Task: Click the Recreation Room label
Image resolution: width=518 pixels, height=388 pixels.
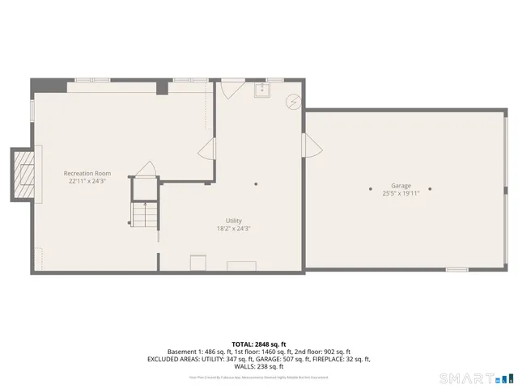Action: (x=87, y=173)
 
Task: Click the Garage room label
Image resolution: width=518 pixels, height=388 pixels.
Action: (x=401, y=185)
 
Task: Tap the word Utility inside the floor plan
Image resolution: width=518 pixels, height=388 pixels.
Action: (x=234, y=221)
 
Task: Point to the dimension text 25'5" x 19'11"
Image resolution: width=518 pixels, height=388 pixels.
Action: (x=401, y=193)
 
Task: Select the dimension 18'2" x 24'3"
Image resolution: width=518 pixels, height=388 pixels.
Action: (x=234, y=229)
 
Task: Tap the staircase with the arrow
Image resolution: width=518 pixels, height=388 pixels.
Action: (x=143, y=214)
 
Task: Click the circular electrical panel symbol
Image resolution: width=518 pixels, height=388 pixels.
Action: (x=293, y=100)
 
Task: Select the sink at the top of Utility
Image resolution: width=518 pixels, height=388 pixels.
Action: (x=261, y=90)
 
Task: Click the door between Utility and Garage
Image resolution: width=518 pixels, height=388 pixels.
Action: (x=310, y=146)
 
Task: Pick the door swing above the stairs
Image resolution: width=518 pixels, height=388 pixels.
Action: (x=146, y=169)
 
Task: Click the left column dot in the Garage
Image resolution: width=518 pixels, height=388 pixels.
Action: (x=371, y=189)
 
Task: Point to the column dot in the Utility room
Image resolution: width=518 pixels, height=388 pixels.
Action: (x=256, y=183)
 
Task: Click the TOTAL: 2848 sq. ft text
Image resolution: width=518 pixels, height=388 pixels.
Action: (x=258, y=344)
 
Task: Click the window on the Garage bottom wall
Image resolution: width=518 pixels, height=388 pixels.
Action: (x=456, y=268)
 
